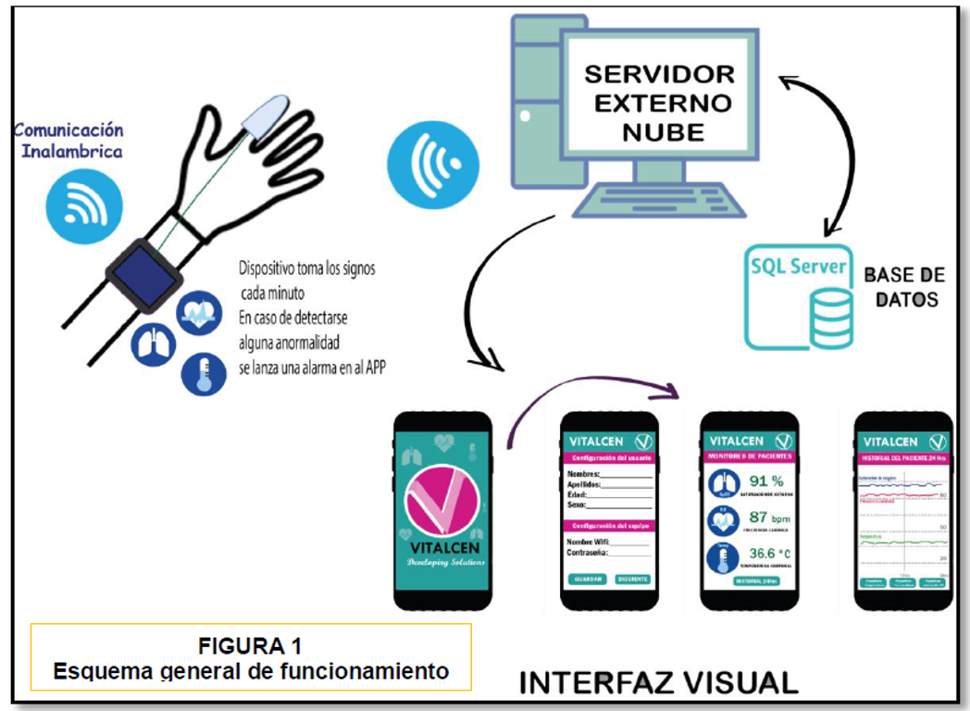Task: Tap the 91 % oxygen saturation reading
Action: coord(765,481)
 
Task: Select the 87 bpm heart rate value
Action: coord(765,518)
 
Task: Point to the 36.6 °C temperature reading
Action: coord(768,554)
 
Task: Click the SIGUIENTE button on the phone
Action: coord(632,579)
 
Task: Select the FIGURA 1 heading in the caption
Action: coord(250,645)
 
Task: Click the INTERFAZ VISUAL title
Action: coord(658,682)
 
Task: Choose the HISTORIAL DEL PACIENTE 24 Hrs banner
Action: coord(903,460)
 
